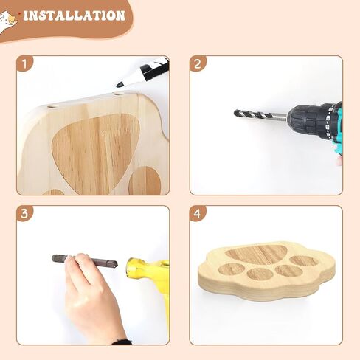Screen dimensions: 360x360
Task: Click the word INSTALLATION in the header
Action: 74,15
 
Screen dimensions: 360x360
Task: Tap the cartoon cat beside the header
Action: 7,21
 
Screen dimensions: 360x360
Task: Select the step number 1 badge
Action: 24,64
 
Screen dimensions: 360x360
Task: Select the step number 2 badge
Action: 198,64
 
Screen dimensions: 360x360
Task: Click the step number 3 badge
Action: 24,213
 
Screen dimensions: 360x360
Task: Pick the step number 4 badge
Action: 198,213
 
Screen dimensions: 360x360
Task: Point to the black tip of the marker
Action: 120,84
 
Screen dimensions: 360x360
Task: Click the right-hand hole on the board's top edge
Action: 120,94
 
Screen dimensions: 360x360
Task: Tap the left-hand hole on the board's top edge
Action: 52,108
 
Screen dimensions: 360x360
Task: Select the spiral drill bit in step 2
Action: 260,115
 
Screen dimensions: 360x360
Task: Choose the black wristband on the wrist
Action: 122,342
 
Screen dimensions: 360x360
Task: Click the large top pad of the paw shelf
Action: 257,254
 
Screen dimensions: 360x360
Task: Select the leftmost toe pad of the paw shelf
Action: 232,269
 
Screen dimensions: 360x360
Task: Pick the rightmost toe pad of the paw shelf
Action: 304,261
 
